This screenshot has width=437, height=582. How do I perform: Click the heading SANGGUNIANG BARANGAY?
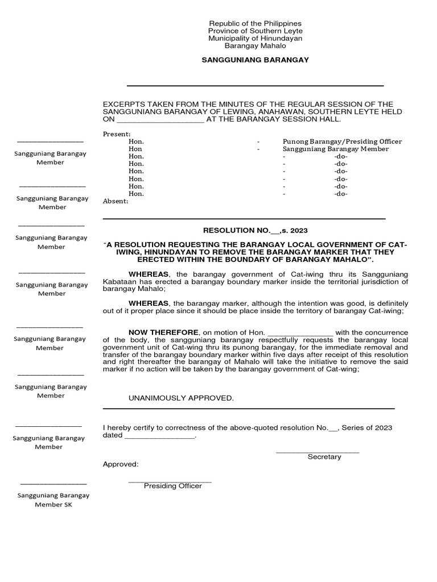click(255, 60)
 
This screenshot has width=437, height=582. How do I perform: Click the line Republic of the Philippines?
click(255, 23)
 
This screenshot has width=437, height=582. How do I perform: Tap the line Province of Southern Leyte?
click(255, 31)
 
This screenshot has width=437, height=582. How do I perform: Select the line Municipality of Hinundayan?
click(255, 38)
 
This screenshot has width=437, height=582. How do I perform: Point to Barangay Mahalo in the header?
click(255, 45)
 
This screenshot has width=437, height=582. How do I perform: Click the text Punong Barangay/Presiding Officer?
click(342, 142)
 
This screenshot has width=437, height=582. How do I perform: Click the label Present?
click(116, 134)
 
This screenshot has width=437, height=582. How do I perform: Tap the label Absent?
click(116, 201)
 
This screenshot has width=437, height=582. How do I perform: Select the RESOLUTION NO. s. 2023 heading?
click(255, 230)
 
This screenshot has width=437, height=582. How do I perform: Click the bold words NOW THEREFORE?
click(163, 332)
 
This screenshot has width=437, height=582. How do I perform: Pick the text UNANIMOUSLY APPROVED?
click(180, 398)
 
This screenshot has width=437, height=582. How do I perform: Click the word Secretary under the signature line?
click(324, 457)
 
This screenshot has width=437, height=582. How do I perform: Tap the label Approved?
click(120, 464)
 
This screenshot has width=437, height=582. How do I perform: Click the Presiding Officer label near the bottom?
click(172, 486)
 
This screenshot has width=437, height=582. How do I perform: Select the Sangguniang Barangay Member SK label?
click(53, 500)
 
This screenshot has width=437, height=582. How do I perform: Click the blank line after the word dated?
click(159, 436)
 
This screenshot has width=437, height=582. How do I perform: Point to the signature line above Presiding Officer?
click(170, 481)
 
